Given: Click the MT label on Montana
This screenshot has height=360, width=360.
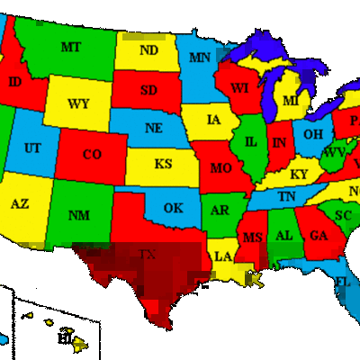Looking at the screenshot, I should point(69,47).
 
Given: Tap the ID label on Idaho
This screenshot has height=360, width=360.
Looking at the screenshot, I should point(14,82).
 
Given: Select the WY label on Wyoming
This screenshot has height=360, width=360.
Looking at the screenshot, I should point(78,103).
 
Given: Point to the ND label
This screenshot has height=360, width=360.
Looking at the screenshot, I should point(148,50).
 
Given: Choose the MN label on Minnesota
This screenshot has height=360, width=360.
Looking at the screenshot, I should point(200,58).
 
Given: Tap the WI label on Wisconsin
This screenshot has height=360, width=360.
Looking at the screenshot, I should point(238,88).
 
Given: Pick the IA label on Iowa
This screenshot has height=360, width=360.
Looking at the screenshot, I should point(214,119).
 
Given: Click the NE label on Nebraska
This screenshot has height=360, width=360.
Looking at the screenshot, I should point(154,128).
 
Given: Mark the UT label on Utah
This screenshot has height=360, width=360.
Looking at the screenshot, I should point(32,148).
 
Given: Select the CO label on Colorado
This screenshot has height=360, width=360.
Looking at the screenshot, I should point(91,155).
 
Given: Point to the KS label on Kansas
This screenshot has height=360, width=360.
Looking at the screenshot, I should point(163,164).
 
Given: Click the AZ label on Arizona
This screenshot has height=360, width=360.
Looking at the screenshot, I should point(20,203).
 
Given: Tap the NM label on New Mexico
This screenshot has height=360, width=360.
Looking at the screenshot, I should point(78,215).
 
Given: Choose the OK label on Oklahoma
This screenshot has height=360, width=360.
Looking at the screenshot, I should point(173,208).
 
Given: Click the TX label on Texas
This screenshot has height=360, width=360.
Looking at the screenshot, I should point(148,256).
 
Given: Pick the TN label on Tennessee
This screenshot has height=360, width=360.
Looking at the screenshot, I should point(286,196).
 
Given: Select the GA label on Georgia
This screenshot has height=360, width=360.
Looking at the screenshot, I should point(319,236).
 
